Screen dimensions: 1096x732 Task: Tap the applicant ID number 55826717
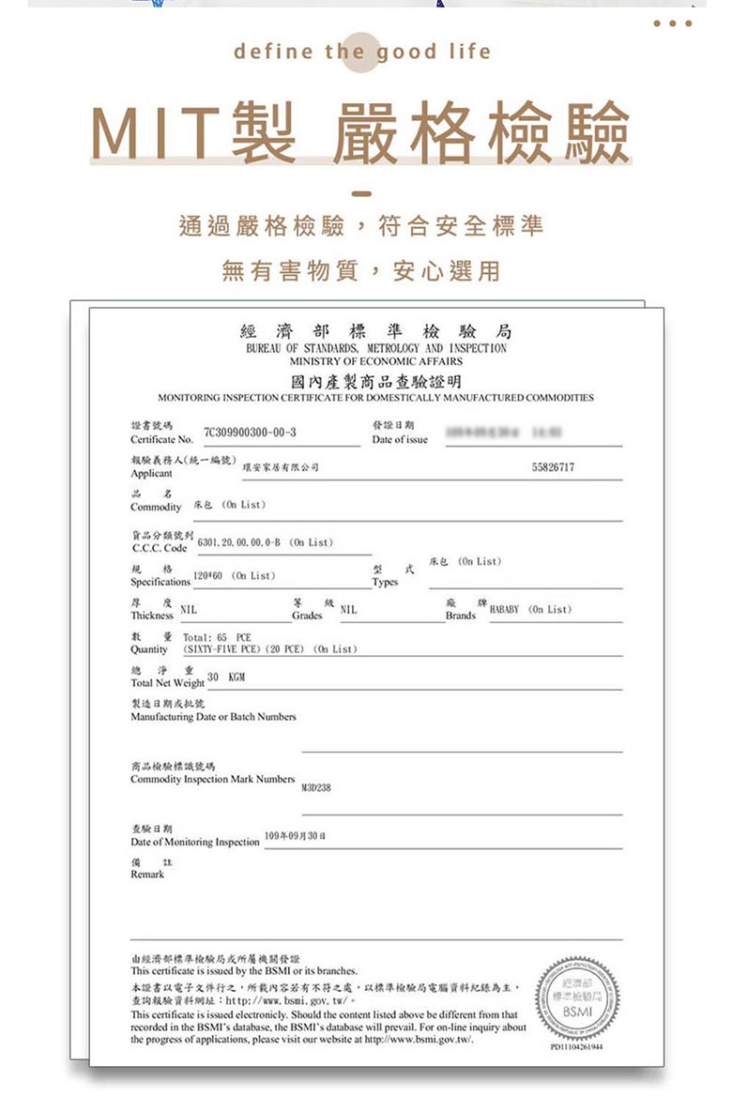coord(553,466)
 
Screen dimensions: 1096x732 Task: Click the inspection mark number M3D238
coord(315,787)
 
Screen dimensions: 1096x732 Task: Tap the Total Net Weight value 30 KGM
coord(226,677)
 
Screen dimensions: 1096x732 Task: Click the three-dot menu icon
coord(674,23)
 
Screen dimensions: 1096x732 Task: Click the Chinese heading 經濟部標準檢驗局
coord(375,331)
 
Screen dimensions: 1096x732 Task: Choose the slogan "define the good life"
coord(362,52)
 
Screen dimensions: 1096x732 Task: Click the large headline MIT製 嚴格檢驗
coord(361,133)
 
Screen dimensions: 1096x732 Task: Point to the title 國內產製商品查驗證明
coord(375,381)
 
